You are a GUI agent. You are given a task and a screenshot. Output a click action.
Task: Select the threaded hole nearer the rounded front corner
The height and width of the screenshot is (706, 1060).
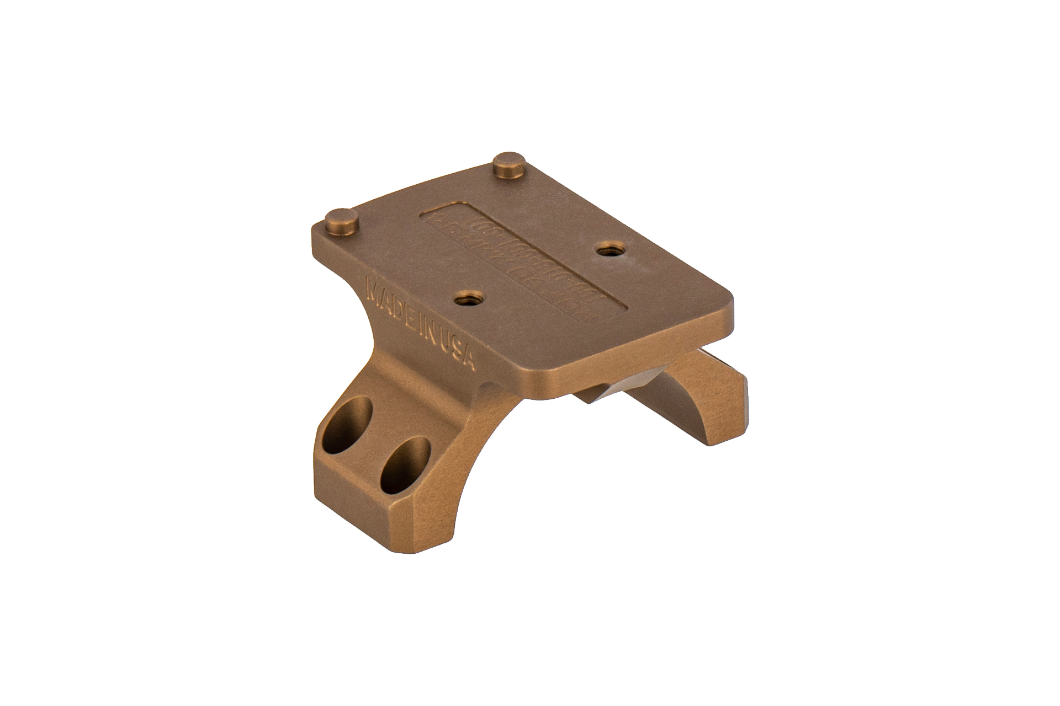(607, 248)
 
